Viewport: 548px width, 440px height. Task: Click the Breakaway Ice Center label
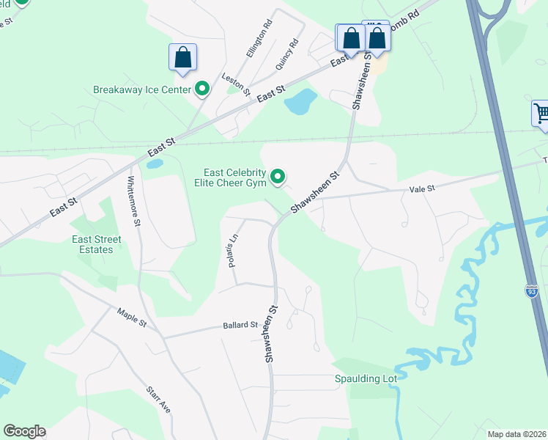(x=142, y=90)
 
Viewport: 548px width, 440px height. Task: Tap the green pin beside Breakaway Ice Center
(x=202, y=89)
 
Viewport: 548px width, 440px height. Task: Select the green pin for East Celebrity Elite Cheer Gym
(x=278, y=177)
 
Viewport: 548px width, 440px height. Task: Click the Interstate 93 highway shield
(x=532, y=290)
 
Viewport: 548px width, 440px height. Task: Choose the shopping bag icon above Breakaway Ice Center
(x=182, y=58)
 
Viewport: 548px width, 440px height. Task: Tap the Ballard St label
(x=240, y=325)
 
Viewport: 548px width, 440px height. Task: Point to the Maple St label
(x=133, y=319)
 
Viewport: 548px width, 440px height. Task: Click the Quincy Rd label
(x=286, y=54)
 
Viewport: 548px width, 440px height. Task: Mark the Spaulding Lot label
(x=366, y=378)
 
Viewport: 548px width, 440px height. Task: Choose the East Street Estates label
(x=92, y=244)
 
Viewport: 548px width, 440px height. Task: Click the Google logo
(x=24, y=431)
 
